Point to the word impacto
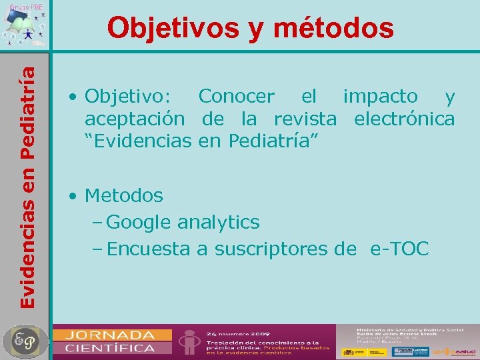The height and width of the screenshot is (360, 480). pos(380,97)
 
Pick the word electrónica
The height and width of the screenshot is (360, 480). pos(405,119)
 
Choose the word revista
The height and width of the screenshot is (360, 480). pos(305,119)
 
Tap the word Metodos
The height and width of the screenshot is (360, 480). pos(124,196)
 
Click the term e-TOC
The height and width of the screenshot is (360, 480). pos(400,249)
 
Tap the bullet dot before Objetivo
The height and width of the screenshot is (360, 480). pos(72,97)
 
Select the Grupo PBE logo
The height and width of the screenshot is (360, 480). pos(25,25)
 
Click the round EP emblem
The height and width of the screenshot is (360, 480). pos(25,341)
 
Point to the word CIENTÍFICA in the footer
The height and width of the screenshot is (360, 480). pos(110,347)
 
